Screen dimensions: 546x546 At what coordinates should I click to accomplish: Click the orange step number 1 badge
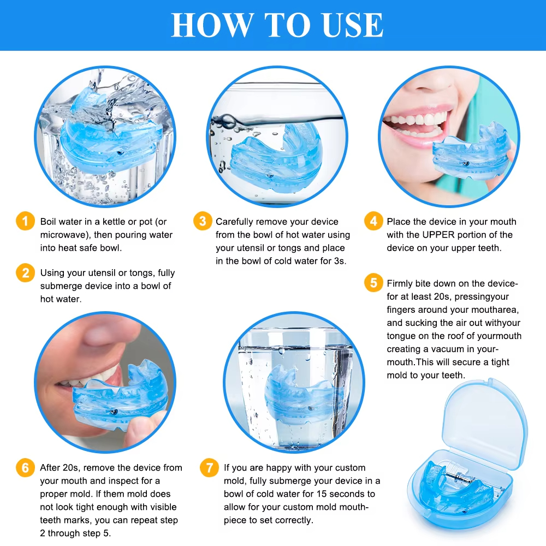(x=25, y=221)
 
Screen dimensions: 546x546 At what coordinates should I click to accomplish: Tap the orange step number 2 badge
(x=25, y=272)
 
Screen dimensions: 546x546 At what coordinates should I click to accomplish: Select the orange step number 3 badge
(x=203, y=221)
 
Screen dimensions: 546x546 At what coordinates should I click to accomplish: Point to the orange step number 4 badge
(x=373, y=221)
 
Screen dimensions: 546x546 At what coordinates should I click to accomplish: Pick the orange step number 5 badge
(x=373, y=283)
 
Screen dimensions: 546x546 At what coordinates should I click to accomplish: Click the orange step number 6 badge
(x=25, y=467)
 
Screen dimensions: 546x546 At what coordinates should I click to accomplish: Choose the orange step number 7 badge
(x=209, y=467)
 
